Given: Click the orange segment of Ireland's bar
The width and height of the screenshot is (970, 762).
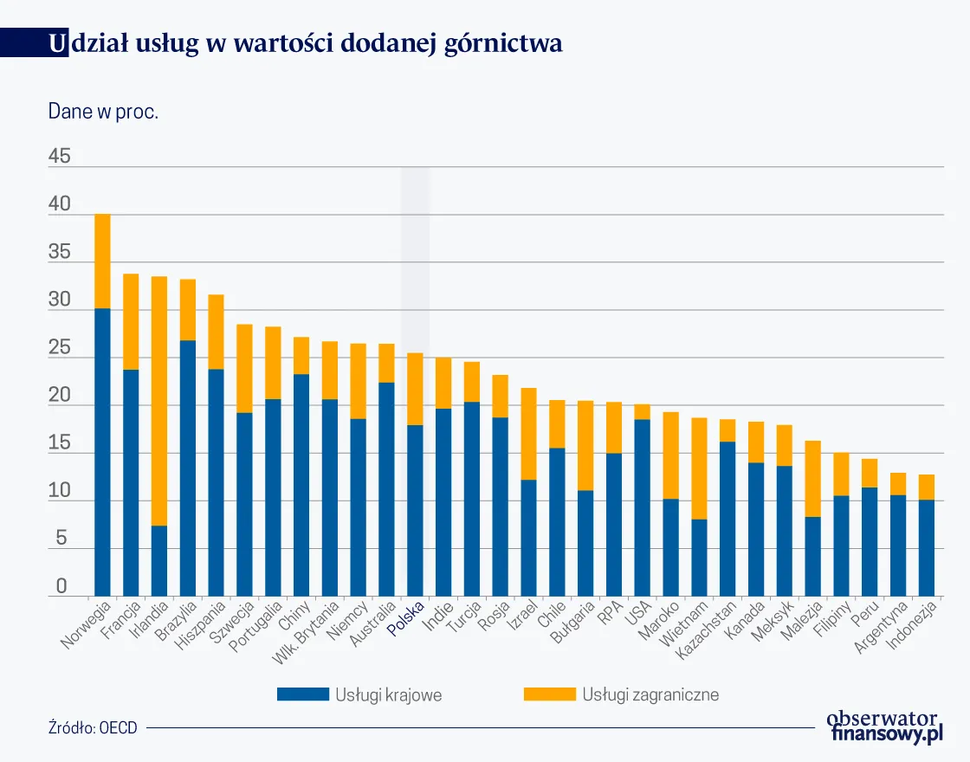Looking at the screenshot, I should pos(159,400).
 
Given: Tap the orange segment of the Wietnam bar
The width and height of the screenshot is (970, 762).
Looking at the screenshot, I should pos(699,468).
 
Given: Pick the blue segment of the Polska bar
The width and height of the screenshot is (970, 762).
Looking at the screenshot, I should pos(415,510).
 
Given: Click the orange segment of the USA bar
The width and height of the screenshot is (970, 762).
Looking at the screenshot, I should pos(642,412).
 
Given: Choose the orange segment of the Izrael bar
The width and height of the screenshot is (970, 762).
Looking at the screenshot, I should pos(528,434).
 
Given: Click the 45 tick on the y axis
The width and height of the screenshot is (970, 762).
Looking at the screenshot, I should pos(60,157).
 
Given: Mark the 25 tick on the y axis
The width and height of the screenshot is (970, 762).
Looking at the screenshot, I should pos(60,348).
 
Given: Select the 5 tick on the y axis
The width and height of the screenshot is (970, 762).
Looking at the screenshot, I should pos(61,539).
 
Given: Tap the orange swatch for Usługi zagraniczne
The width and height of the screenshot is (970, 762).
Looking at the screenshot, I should pos(549,694).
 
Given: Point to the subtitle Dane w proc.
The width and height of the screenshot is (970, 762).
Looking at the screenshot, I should pos(103,112).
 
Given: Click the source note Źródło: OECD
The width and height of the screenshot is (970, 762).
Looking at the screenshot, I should pos(93,728).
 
